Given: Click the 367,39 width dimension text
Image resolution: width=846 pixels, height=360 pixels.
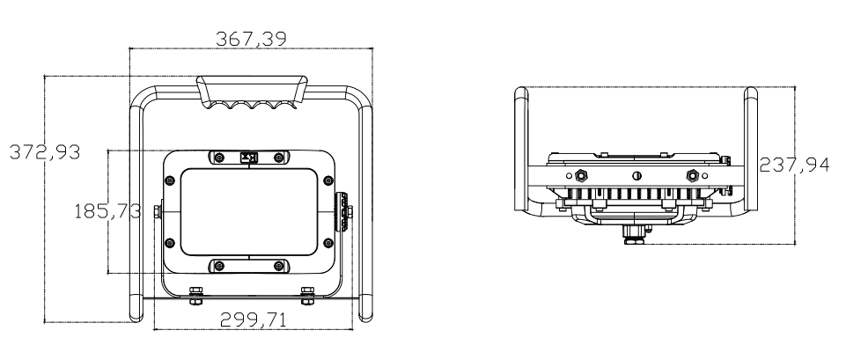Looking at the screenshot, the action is (x=251, y=39).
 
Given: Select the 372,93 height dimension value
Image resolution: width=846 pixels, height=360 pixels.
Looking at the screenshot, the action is (x=45, y=152).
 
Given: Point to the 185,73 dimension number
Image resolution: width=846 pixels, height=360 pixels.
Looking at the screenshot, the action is (x=107, y=210).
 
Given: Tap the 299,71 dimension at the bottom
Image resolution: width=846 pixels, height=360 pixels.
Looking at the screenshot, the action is (x=253, y=320).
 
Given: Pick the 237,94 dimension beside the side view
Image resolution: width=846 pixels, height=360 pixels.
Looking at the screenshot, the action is (x=794, y=165).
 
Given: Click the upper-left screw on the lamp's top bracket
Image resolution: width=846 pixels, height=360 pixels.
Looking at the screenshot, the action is (x=219, y=158).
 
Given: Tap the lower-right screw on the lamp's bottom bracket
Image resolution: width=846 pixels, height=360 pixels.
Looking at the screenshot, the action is (x=278, y=265).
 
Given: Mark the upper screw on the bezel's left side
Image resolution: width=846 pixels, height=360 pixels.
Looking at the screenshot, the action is (x=169, y=180).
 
